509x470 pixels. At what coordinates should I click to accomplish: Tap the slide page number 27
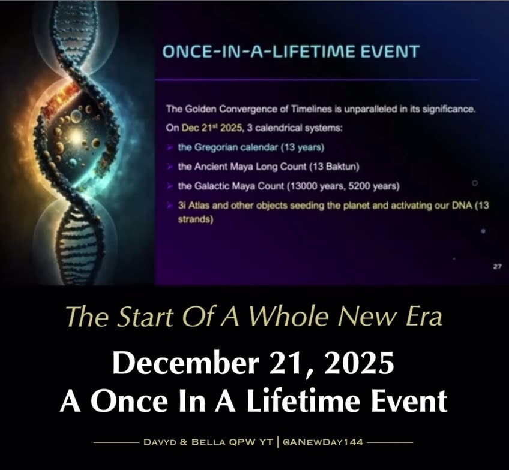[x=497, y=267]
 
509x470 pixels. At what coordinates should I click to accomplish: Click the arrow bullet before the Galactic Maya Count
[x=171, y=186]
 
